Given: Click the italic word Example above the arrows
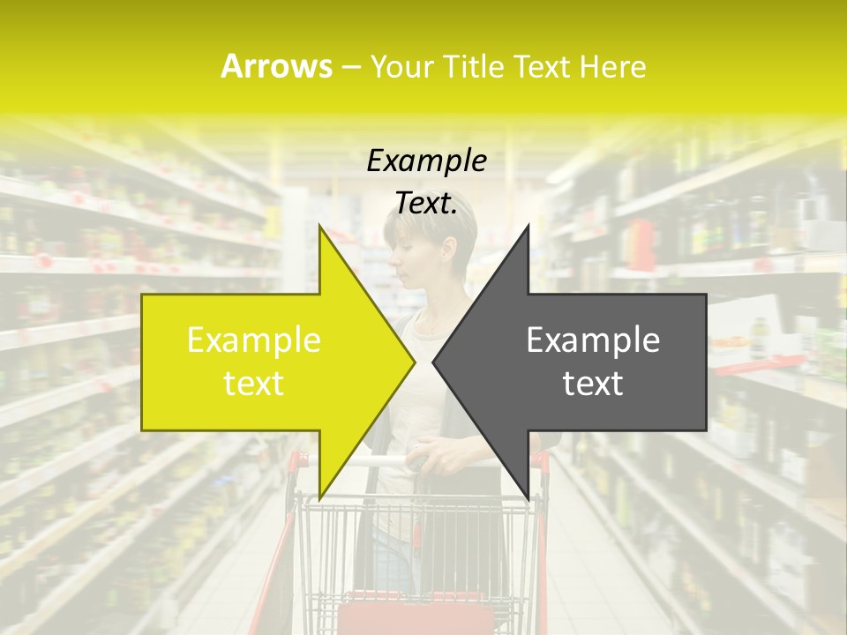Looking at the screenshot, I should click(x=426, y=161).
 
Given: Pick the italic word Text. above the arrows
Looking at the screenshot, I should click(x=426, y=204).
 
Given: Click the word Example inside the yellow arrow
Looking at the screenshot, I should click(x=254, y=340).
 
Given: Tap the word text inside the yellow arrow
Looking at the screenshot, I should click(x=254, y=384).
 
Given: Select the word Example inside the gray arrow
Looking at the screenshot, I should click(x=593, y=340).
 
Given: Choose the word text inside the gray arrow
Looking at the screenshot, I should click(x=593, y=384).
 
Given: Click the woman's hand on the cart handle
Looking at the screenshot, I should click(x=442, y=457).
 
